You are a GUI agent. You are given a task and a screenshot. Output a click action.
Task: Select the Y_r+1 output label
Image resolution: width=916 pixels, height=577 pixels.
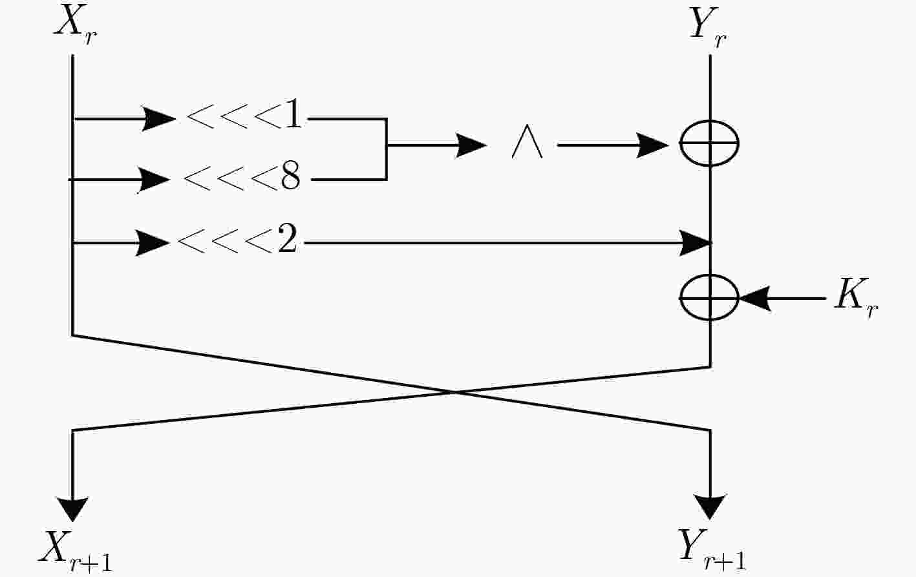pyautogui.click(x=712, y=550)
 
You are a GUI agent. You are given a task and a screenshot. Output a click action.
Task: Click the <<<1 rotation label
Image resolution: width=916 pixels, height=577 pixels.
pyautogui.click(x=244, y=116)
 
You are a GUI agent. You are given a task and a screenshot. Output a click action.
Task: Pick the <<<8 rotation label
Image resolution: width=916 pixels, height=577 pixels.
pyautogui.click(x=242, y=176)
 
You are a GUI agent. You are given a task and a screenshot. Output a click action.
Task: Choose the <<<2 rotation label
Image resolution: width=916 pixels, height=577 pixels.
pyautogui.click(x=237, y=240)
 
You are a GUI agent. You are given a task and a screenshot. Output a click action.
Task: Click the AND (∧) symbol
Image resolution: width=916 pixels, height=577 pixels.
pyautogui.click(x=527, y=142)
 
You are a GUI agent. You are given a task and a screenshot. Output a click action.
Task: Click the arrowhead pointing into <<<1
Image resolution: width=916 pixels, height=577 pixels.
pyautogui.click(x=158, y=119)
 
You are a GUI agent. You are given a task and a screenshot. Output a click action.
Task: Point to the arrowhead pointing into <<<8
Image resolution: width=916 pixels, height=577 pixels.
pyautogui.click(x=153, y=180)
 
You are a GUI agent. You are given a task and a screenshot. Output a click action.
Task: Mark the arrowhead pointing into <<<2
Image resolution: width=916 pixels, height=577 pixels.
pyautogui.click(x=152, y=243)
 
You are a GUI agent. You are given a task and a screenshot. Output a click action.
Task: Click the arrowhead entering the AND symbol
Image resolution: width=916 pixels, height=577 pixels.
pyautogui.click(x=471, y=145)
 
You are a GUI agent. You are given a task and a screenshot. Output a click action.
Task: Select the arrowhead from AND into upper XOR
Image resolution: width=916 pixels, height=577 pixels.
pyautogui.click(x=653, y=145)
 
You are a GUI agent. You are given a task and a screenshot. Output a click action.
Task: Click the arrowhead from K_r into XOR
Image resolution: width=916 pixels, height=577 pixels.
pyautogui.click(x=755, y=299)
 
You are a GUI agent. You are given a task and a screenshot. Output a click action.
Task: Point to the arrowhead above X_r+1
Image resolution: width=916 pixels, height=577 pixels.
pyautogui.click(x=72, y=509)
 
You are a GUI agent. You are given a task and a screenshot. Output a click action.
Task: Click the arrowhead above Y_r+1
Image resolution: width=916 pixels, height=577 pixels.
pyautogui.click(x=710, y=507)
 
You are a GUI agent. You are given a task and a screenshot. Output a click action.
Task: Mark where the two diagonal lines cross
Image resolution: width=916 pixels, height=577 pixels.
pyautogui.click(x=454, y=392)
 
